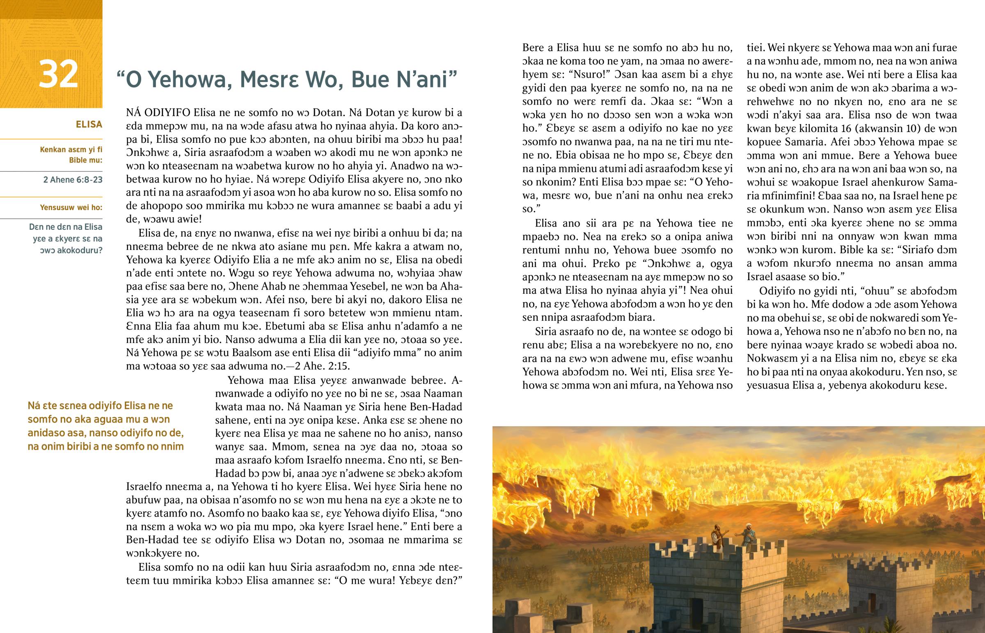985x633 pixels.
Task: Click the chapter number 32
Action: pos(58,74)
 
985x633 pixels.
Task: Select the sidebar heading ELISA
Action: pos(89,125)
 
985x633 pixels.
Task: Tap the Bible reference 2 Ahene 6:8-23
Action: pos(73,180)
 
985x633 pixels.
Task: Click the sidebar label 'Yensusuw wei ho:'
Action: pos(71,208)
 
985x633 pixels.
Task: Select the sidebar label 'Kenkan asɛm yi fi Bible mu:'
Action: pos(71,155)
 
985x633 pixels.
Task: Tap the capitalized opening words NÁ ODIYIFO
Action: pos(159,113)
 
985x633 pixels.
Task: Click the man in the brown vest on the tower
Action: pos(717,539)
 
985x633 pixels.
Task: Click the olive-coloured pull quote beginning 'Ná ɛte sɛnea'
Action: pos(105,426)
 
